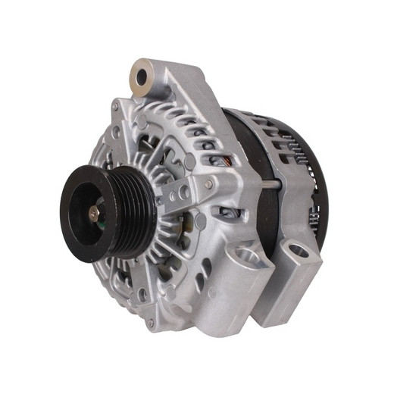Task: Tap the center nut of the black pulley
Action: coord(93,214)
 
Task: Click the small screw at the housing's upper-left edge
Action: coord(115,131)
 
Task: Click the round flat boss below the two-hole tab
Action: coord(199,220)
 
